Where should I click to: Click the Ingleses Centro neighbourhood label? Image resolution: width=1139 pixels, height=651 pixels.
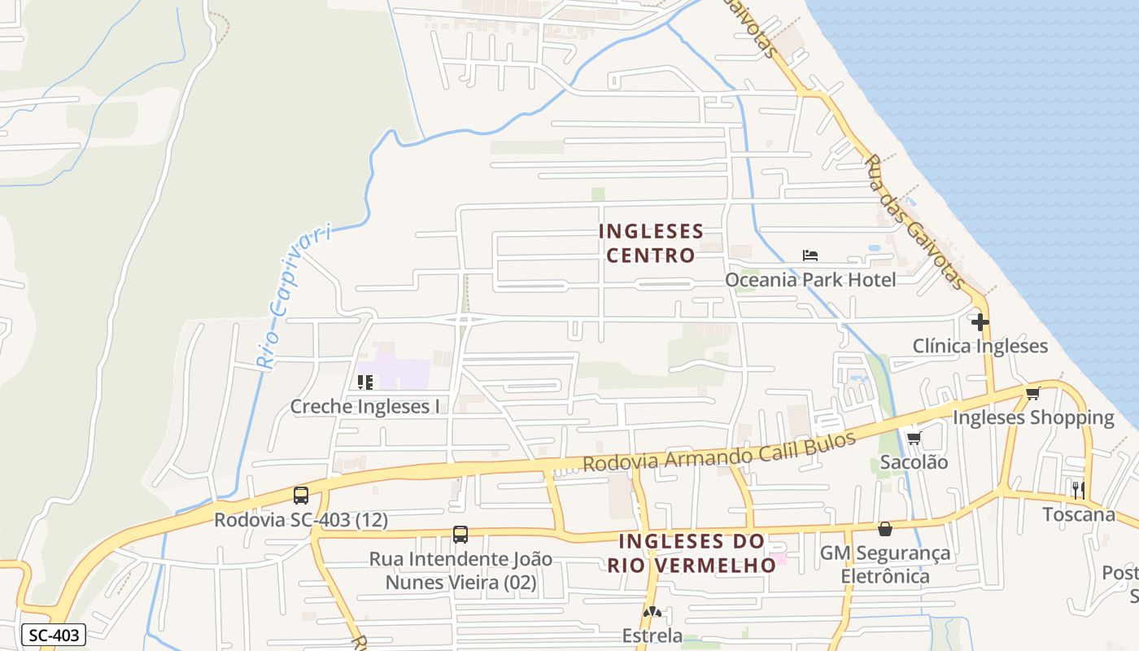(x=651, y=243)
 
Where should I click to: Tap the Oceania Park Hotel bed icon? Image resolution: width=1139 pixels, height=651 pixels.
(x=810, y=256)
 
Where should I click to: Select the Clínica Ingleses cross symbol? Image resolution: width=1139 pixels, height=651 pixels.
(x=980, y=322)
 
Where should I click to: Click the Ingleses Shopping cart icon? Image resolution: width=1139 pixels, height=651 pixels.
(x=1032, y=394)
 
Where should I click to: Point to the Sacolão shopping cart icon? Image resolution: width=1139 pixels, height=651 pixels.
(x=914, y=439)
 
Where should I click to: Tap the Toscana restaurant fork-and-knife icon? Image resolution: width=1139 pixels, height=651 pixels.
(x=1079, y=490)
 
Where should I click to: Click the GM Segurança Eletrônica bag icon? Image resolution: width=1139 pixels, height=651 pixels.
(x=884, y=529)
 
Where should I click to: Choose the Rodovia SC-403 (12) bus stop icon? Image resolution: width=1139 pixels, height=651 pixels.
(x=301, y=495)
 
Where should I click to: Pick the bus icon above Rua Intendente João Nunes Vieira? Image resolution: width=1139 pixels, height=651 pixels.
(x=460, y=535)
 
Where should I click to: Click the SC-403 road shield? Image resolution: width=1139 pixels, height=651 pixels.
(x=53, y=635)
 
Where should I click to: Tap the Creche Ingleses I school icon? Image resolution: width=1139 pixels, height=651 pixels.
(x=365, y=382)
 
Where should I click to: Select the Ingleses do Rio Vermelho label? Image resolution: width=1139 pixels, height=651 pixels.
(x=692, y=553)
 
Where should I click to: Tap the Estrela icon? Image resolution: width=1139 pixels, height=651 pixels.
(x=652, y=611)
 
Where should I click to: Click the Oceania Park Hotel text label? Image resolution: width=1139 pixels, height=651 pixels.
(x=810, y=280)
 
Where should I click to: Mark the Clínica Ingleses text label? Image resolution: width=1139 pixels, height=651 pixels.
(x=980, y=346)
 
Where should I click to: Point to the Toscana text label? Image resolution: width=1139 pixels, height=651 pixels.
(x=1079, y=514)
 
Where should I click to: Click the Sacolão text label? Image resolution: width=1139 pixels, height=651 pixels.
(x=914, y=462)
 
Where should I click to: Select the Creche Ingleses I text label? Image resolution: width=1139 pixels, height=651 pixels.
(x=364, y=406)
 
